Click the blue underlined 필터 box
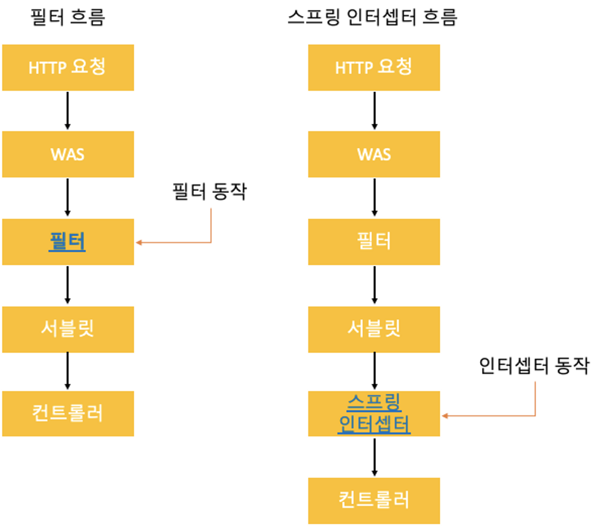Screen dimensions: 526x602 (x=68, y=242)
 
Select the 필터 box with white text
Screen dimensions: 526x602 (x=374, y=242)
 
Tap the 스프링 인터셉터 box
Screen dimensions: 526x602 (x=374, y=414)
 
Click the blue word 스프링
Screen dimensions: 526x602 (x=374, y=402)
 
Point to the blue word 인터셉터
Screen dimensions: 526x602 (x=374, y=424)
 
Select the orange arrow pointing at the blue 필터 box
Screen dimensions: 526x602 (x=181, y=243)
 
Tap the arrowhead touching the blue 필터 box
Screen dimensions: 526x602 (x=139, y=243)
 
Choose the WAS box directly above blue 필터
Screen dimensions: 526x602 (x=68, y=154)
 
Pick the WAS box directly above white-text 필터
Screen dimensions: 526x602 (x=374, y=154)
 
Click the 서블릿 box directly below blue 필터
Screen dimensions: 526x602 (x=68, y=329)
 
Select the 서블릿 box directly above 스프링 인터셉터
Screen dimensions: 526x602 (x=374, y=329)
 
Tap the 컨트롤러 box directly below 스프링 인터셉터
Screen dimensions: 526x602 (x=374, y=500)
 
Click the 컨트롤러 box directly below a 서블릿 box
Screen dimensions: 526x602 (x=68, y=414)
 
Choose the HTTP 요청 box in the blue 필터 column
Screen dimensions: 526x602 (x=68, y=67)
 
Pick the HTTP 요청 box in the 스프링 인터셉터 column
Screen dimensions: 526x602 (x=374, y=67)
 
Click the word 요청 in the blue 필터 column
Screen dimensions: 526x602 (x=88, y=66)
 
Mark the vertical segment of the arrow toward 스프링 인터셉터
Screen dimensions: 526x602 (x=535, y=398)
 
